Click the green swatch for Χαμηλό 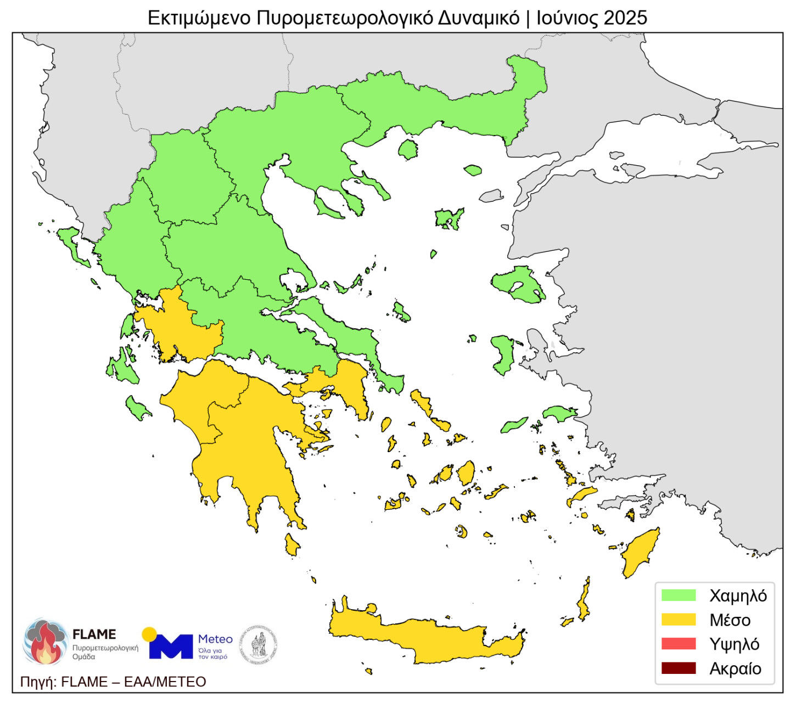[679, 595]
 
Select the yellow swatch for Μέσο [679, 620]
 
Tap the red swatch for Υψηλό [679, 644]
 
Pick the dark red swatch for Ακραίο [679, 668]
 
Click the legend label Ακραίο [735, 669]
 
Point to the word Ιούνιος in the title [567, 18]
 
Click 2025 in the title [625, 18]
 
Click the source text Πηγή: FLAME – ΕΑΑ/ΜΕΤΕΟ [113, 682]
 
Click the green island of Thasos [408, 149]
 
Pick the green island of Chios [503, 354]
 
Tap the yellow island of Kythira [292, 545]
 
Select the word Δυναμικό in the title [478, 18]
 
